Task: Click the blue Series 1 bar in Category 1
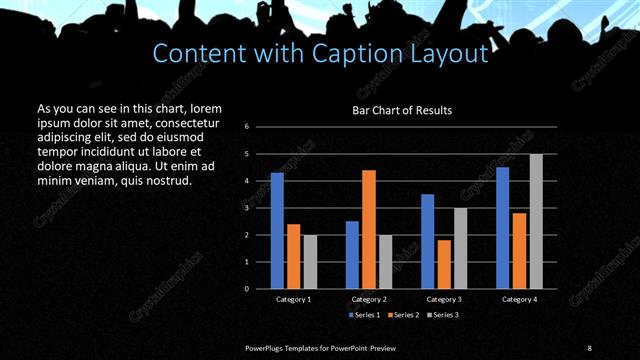(277, 231)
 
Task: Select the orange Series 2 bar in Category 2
(369, 229)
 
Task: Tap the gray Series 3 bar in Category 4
(536, 221)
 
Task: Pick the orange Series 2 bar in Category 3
(444, 264)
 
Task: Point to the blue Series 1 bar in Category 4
(503, 228)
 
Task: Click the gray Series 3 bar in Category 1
(309, 262)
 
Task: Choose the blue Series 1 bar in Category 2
(352, 255)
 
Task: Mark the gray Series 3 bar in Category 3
(460, 248)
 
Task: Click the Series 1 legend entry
(364, 315)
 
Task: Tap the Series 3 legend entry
(445, 315)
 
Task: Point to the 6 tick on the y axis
(247, 127)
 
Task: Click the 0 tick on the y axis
(247, 289)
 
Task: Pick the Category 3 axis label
(444, 299)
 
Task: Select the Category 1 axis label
(293, 299)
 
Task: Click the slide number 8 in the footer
(590, 347)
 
